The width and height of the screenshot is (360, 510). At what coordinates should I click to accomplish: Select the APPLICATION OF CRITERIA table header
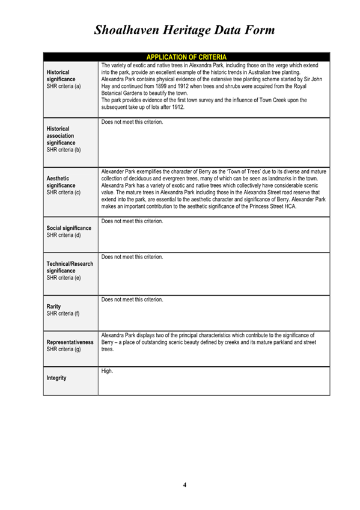186,57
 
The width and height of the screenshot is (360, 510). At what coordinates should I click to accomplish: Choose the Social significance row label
69,229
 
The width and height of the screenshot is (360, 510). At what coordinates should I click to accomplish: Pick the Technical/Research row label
69,264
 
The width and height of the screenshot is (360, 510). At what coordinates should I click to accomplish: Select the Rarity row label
55,306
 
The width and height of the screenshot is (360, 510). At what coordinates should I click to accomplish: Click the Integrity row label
58,378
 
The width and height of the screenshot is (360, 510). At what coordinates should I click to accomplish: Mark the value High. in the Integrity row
108,371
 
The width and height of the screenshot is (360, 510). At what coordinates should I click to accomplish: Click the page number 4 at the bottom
185,485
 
